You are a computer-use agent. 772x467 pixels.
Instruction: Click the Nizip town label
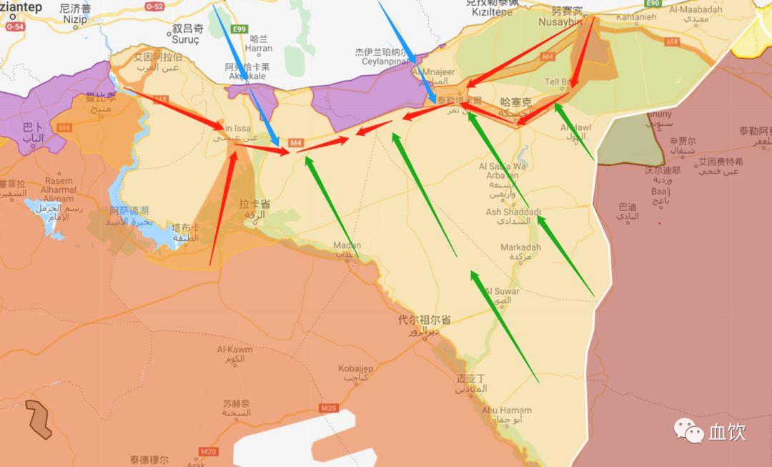pyautogui.click(x=75, y=20)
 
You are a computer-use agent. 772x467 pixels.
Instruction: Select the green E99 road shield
pyautogui.click(x=239, y=29)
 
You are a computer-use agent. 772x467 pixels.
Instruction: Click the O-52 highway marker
pyautogui.click(x=154, y=6)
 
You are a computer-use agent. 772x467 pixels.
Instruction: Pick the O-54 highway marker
pyautogui.click(x=14, y=26)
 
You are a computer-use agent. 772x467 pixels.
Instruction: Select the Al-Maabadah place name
pyautogui.click(x=696, y=10)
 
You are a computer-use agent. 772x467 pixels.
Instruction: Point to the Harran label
pyautogui.click(x=258, y=49)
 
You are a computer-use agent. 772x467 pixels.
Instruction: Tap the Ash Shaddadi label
pyautogui.click(x=513, y=212)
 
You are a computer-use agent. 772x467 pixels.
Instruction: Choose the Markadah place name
pyautogui.click(x=520, y=247)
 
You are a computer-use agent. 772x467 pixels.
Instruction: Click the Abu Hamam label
pyautogui.click(x=506, y=411)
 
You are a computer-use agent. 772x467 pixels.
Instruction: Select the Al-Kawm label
pyautogui.click(x=235, y=350)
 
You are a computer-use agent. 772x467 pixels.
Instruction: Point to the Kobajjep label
pyautogui.click(x=356, y=368)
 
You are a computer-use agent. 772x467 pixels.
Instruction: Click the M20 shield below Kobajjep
pyautogui.click(x=329, y=408)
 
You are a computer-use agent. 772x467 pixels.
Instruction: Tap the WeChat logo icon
pyautogui.click(x=690, y=431)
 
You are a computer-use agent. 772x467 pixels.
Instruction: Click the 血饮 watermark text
pyautogui.click(x=727, y=432)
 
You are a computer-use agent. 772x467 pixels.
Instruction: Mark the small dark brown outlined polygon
pyautogui.click(x=39, y=419)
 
